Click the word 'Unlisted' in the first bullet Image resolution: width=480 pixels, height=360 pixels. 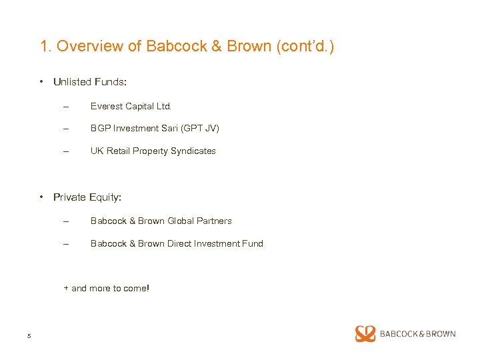pos(71,82)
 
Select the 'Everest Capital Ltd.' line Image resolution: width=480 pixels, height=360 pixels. pos(131,106)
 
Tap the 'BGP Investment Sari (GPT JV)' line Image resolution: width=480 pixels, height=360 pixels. pos(155,128)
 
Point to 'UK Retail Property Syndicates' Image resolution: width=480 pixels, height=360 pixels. pos(153,151)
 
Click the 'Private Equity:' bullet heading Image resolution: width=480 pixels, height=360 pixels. pos(87,197)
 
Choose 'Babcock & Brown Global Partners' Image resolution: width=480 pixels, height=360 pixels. pos(161,221)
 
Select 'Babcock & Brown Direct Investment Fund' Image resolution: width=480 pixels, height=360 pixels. pos(177,243)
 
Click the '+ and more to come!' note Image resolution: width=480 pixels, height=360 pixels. pos(107,288)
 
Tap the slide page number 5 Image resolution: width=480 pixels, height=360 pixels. pos(29,335)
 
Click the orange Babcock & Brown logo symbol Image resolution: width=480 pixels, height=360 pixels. pos(365,334)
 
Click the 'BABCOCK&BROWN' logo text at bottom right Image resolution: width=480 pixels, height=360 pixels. pos(417,334)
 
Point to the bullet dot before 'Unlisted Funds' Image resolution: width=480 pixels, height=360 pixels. pos(41,82)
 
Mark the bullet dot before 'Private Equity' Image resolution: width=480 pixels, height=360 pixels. pos(41,197)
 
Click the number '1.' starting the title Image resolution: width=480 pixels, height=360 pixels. pos(46,46)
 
